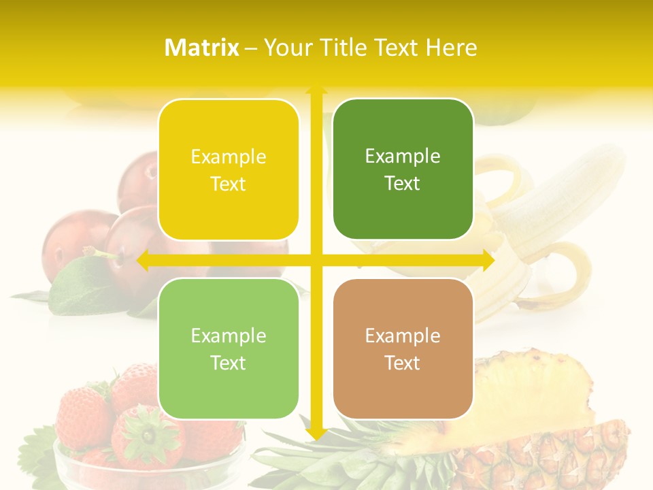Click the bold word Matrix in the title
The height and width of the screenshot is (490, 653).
click(202, 48)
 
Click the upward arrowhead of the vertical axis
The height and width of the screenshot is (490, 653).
click(316, 89)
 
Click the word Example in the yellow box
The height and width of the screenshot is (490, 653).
click(229, 157)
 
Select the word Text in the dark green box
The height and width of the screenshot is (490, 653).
click(403, 184)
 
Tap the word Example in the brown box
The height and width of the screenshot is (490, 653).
click(403, 336)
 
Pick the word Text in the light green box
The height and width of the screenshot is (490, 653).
click(229, 363)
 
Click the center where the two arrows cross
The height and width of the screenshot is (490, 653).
click(316, 260)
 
